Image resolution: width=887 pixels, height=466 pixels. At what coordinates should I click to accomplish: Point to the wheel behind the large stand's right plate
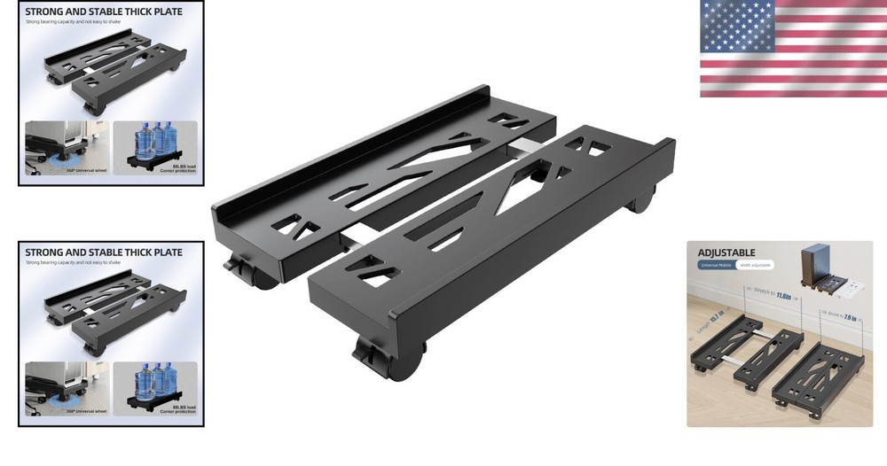click(x=642, y=199)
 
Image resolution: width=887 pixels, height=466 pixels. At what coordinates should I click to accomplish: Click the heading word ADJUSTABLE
click(x=726, y=252)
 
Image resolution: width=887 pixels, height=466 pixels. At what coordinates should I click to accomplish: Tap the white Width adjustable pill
click(x=754, y=265)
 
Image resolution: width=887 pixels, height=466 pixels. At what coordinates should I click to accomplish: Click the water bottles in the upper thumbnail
click(x=153, y=139)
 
